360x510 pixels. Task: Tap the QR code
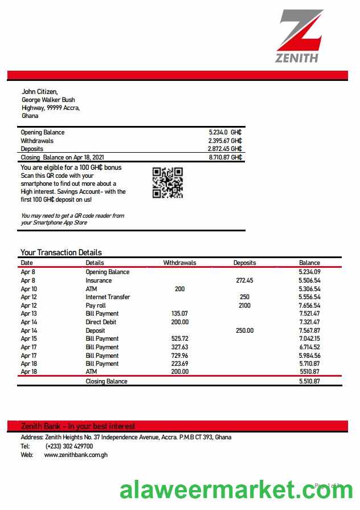167,182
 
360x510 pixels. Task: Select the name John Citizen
40,91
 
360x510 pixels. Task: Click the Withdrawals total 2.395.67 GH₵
225,141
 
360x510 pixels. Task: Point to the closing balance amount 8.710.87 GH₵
225,157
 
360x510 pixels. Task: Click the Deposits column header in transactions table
244,263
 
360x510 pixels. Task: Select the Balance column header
309,263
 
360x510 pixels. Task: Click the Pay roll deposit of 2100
244,305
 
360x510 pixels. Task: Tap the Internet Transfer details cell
108,297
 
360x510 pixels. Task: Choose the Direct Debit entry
101,322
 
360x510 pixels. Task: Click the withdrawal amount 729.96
179,355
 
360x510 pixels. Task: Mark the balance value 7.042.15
309,338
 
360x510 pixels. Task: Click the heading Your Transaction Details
61,252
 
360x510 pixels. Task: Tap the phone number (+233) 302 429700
69,446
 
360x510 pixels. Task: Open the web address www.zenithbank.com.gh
76,455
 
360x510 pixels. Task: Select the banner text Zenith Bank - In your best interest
78,426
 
